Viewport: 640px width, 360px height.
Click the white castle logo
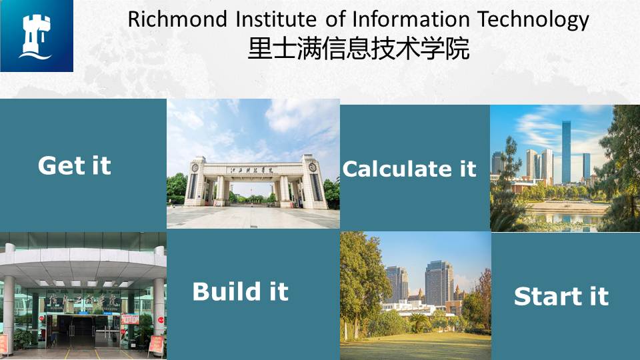pos(36,37)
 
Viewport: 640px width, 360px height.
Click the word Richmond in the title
pos(177,19)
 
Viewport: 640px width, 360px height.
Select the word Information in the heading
pos(411,19)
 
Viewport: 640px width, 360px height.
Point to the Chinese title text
pos(359,49)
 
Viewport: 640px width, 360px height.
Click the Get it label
pos(74,166)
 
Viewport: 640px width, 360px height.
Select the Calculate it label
pos(409,169)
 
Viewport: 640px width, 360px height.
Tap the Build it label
pos(241,291)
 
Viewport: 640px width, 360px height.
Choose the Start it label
pos(561,296)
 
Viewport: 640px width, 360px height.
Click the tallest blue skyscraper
pos(566,152)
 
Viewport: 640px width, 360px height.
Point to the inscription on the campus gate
pos(251,170)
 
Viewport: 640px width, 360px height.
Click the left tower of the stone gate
pos(195,181)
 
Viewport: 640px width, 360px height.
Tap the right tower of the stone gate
pos(313,182)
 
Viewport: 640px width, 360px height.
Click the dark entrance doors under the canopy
pos(81,331)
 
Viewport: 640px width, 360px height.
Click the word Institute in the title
pos(276,19)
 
